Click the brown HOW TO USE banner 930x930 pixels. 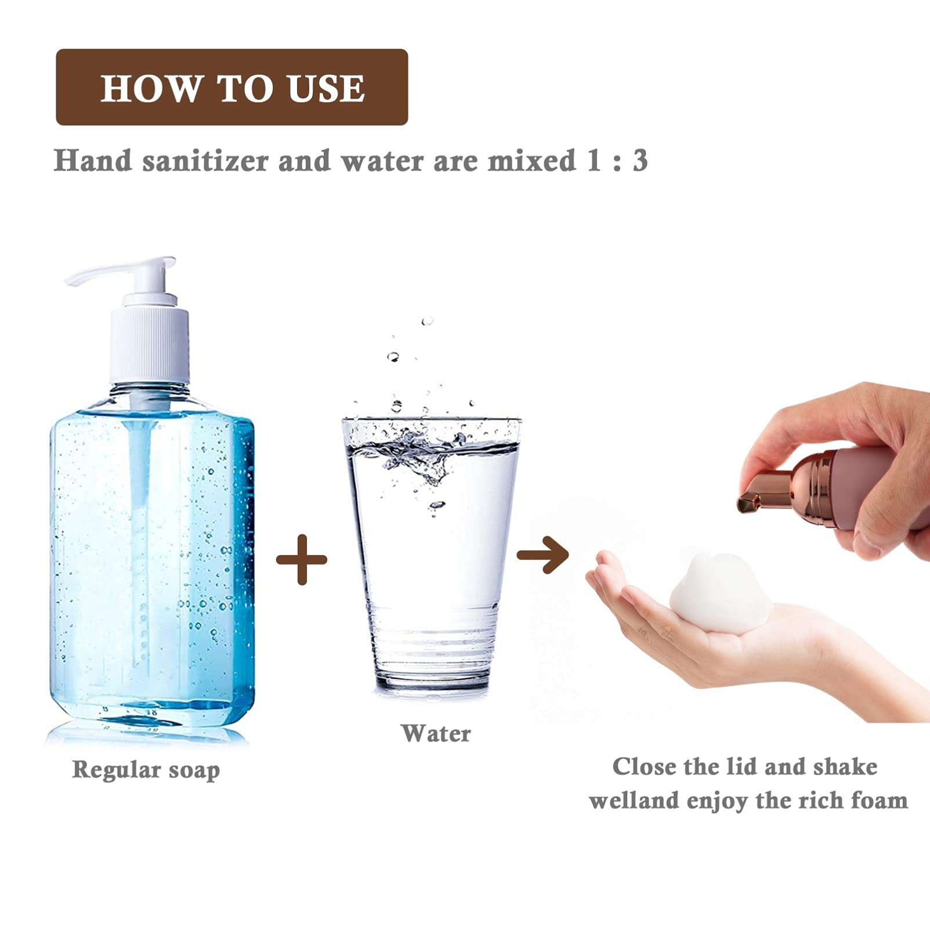pos(232,87)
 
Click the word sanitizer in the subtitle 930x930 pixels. pos(205,161)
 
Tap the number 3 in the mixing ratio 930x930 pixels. pos(640,160)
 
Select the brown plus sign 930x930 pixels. pos(302,560)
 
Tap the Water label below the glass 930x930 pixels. pos(436,733)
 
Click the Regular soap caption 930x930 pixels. pos(146,770)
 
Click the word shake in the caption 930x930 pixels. pos(845,767)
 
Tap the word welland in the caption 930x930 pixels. pos(634,801)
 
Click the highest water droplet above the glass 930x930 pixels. pos(428,321)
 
